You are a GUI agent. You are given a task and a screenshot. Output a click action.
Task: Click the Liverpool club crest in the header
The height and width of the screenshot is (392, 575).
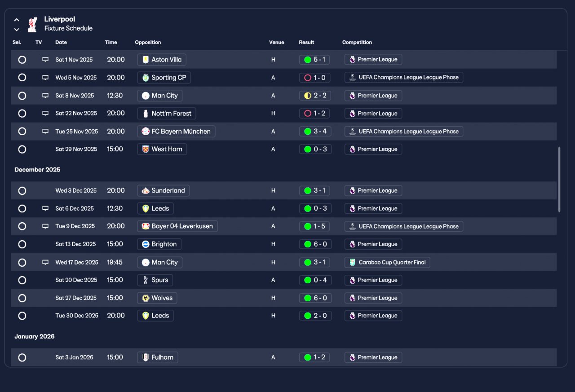coord(32,25)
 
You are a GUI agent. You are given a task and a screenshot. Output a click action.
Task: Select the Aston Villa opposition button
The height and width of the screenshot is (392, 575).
coord(162,60)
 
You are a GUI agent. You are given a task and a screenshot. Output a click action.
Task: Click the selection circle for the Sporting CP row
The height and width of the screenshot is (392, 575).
coord(22,78)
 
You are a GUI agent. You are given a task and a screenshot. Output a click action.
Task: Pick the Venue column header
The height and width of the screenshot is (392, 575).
coord(276,42)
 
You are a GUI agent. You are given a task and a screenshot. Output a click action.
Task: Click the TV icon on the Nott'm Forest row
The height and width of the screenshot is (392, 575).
coord(45,113)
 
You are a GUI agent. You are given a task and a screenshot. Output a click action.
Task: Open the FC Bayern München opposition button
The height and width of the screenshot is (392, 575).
coord(176,132)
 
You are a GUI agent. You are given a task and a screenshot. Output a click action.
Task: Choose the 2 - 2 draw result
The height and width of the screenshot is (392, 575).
coord(315,96)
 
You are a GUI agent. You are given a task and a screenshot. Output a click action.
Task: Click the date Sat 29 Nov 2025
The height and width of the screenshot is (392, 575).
coord(76,149)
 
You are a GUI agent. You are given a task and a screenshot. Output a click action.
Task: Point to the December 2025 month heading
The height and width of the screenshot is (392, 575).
coord(37,170)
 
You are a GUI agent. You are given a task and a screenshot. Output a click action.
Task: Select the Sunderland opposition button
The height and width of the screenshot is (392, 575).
coord(163,191)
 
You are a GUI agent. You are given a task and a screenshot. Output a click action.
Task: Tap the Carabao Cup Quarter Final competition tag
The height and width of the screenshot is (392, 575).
coord(387,262)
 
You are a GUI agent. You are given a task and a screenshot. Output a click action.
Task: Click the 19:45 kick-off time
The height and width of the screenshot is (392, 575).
coord(115,262)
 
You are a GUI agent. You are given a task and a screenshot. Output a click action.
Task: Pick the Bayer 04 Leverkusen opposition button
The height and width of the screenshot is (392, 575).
coord(177,226)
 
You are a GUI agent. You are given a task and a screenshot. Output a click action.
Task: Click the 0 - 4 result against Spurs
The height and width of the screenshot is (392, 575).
coord(315,280)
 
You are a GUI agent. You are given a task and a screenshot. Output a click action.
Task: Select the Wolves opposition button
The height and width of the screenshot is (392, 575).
coord(157,298)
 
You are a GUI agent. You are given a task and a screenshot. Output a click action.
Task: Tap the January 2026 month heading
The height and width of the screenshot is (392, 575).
coord(35,336)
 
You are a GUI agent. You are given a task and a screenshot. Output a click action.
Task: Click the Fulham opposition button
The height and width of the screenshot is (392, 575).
coord(158,357)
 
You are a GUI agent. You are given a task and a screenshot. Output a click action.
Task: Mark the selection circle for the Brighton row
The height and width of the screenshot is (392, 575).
coord(22,244)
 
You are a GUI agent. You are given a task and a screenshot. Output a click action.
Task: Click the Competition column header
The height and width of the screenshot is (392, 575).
coord(357,42)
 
